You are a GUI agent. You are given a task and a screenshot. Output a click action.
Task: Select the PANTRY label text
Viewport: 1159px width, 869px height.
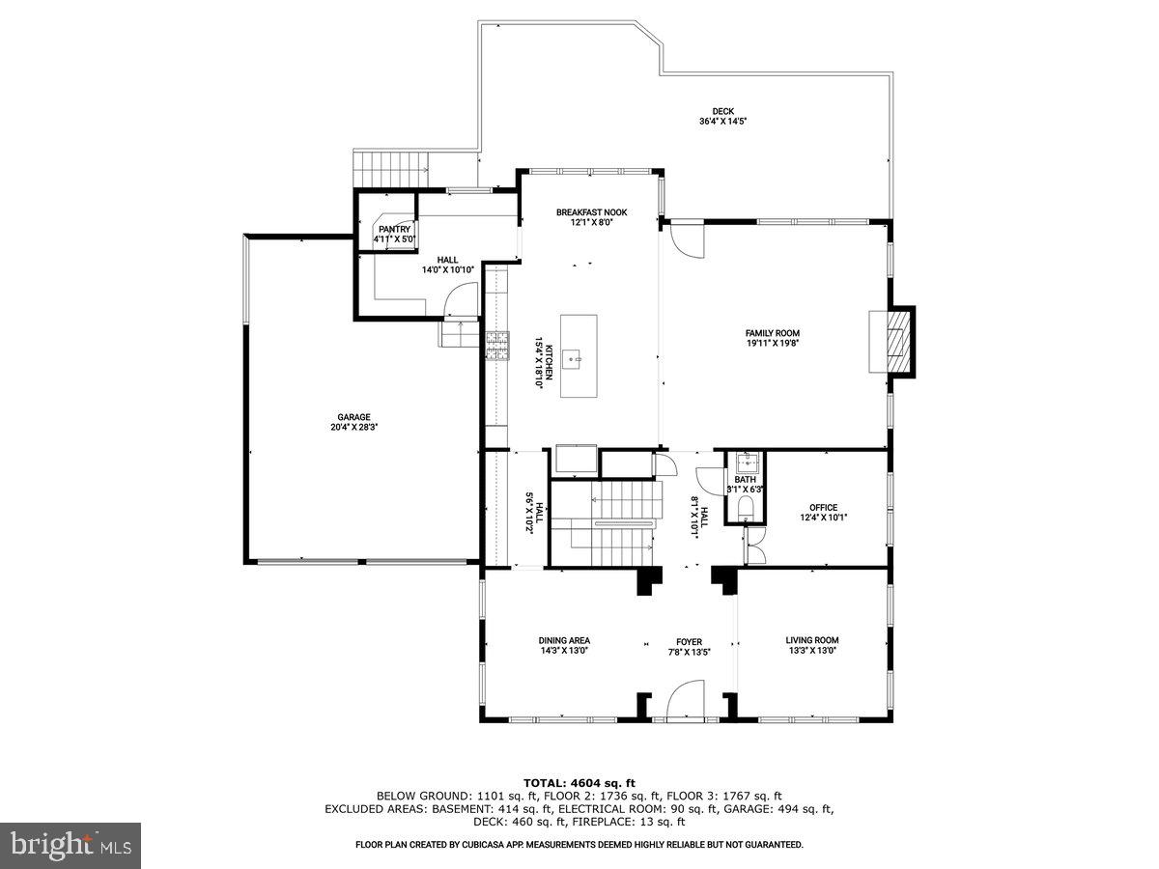pyautogui.click(x=394, y=229)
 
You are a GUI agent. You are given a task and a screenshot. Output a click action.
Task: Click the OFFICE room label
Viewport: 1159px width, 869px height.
pyautogui.click(x=823, y=507)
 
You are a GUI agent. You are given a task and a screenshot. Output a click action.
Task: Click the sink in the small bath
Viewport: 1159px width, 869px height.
pyautogui.click(x=745, y=461)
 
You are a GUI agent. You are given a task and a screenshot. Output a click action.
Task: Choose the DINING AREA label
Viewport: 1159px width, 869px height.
pyautogui.click(x=564, y=640)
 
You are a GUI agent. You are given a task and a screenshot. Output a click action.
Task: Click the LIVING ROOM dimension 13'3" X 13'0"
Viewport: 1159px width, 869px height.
pyautogui.click(x=811, y=651)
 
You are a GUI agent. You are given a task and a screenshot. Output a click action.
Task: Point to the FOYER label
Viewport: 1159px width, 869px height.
pyautogui.click(x=689, y=641)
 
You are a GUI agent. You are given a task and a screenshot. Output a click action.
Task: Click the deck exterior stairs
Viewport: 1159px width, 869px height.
pyautogui.click(x=392, y=167)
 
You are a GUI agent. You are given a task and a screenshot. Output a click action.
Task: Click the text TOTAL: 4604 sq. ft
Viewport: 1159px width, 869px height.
pyautogui.click(x=579, y=782)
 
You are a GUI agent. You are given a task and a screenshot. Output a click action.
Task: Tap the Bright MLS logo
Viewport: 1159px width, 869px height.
pyautogui.click(x=71, y=845)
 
